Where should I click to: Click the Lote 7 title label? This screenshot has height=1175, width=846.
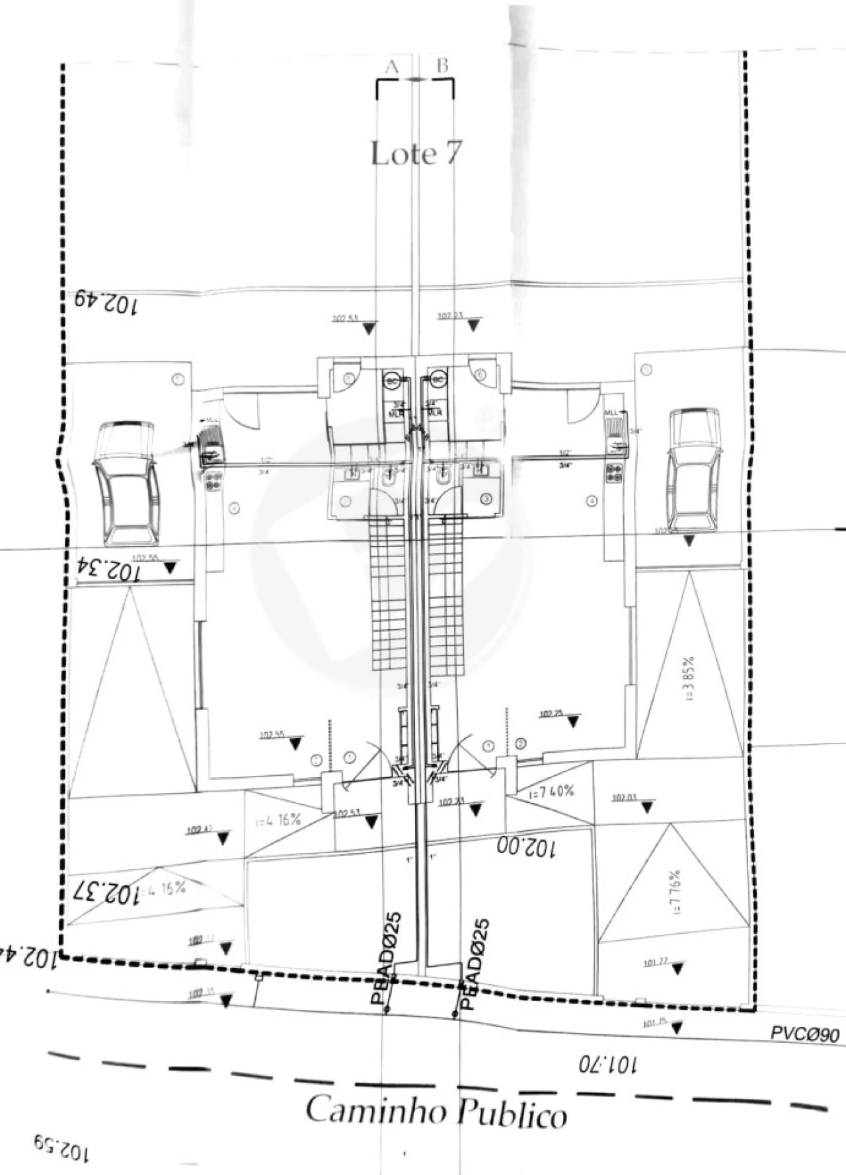pyautogui.click(x=415, y=153)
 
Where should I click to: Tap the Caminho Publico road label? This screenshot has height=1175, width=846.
pyautogui.click(x=436, y=1112)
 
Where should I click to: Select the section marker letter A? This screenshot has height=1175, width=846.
pyautogui.click(x=392, y=67)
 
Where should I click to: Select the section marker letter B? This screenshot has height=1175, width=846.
pyautogui.click(x=443, y=65)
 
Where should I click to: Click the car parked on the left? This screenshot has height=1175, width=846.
pyautogui.click(x=126, y=483)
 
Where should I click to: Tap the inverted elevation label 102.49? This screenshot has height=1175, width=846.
pyautogui.click(x=106, y=303)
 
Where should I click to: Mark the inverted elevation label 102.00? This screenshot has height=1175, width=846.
pyautogui.click(x=526, y=847)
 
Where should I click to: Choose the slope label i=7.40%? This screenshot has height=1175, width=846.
pyautogui.click(x=551, y=792)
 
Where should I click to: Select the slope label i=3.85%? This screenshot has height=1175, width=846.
pyautogui.click(x=689, y=679)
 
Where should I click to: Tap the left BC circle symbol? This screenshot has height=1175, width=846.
pyautogui.click(x=392, y=381)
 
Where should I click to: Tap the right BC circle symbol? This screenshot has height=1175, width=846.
pyautogui.click(x=438, y=380)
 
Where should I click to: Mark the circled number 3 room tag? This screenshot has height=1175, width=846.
pyautogui.click(x=486, y=500)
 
